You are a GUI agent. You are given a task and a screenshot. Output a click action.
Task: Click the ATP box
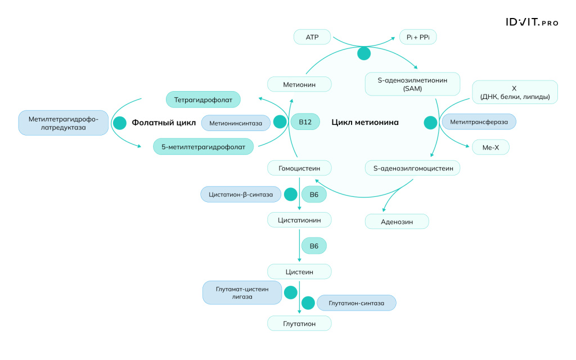tap(312, 38)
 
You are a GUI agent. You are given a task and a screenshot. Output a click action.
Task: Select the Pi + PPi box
tap(418, 38)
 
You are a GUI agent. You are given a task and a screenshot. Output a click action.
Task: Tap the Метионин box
tap(299, 85)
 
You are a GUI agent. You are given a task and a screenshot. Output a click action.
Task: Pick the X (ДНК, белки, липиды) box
tap(514, 92)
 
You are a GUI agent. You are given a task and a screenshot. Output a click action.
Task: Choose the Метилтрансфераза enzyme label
tap(479, 121)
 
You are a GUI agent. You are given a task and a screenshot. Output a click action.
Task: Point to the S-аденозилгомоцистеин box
tap(412, 168)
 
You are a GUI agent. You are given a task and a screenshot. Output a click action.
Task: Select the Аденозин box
tap(397, 222)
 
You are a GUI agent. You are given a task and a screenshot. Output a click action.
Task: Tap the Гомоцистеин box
tap(299, 168)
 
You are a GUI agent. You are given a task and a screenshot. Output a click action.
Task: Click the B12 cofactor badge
tap(305, 122)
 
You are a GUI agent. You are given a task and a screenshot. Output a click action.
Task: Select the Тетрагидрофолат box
tap(203, 100)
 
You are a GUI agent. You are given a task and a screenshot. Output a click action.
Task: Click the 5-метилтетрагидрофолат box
tap(203, 147)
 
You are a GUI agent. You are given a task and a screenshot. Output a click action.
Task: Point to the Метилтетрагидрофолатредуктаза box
tap(63, 123)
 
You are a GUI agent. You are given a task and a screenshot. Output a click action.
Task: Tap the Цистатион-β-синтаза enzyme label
tap(241, 195)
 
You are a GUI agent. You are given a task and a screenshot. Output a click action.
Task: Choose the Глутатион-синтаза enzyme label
tap(357, 303)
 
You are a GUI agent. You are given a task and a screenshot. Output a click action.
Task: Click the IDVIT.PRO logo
tap(531, 22)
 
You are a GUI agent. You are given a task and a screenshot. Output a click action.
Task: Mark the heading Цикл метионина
tap(365, 122)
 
